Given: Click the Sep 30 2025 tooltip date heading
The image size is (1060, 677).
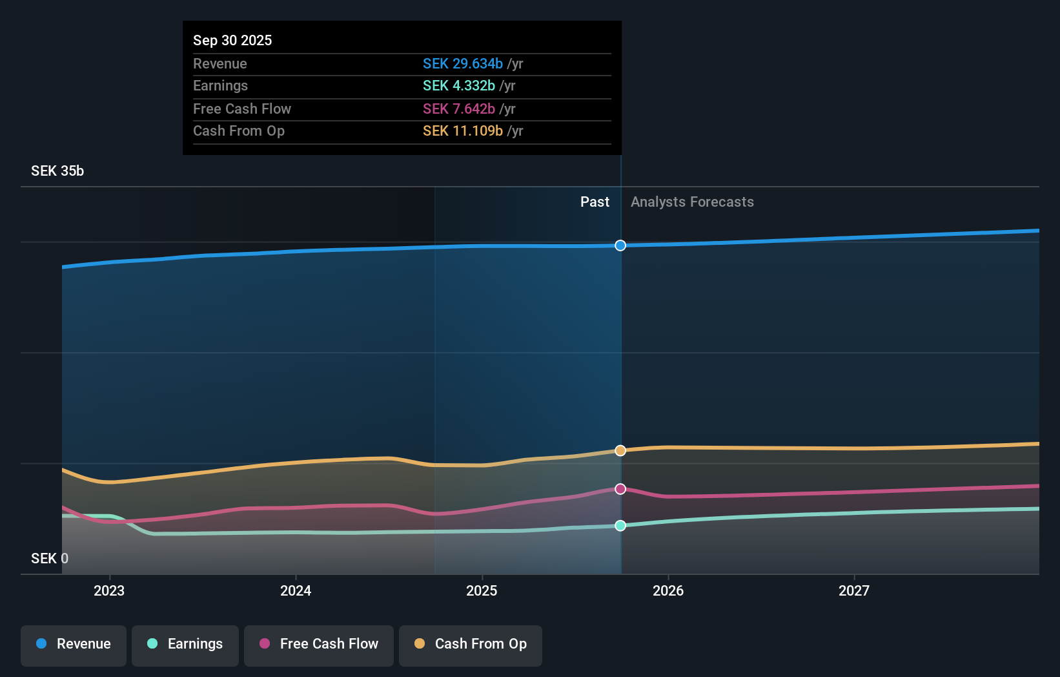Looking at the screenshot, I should coord(232,40).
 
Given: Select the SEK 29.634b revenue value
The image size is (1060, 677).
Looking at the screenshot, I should coord(462,63).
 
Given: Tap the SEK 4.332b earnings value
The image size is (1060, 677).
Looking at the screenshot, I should coord(458,85).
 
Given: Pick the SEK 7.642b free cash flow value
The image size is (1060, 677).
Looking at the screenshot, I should coord(458,109).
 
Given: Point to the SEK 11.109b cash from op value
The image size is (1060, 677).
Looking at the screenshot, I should coord(462,130).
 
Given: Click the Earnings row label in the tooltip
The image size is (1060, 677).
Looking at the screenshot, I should coord(220,85).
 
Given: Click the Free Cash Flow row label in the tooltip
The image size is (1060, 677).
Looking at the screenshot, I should coord(242,109).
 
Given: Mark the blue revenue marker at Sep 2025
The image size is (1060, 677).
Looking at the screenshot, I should coord(620,245).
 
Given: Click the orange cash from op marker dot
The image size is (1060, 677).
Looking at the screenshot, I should coord(620,450).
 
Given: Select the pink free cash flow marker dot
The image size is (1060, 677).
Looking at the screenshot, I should coord(620,489).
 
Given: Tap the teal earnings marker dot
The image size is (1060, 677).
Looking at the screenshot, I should coord(620,526).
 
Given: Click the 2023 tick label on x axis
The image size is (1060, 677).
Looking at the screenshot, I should coord(109,590).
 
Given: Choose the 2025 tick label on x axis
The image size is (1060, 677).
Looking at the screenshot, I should coord(482,590).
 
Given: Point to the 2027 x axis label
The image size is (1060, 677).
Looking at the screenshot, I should coord(853,590).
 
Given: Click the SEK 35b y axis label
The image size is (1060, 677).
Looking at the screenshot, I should coord(57,171).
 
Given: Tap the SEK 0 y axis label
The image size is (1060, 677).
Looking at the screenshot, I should coord(50,558).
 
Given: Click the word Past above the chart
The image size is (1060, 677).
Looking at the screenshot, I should coord(595,202).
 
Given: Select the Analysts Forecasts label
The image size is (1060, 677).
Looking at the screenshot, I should coord(692,202).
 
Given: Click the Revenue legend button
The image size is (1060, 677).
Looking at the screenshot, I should coord(74,644).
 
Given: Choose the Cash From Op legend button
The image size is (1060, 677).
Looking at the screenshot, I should coord(471,644).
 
